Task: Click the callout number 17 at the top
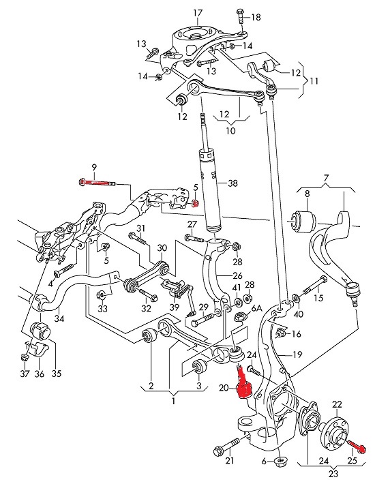[198, 13]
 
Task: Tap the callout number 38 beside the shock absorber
[233, 183]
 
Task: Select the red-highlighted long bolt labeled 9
[98, 182]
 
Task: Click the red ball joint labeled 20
[242, 383]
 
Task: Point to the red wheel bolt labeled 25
[357, 447]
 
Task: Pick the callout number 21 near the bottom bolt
[230, 462]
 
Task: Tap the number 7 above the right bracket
[327, 178]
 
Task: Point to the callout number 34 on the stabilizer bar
[59, 318]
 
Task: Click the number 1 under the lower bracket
[172, 402]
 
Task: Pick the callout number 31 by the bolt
[140, 228]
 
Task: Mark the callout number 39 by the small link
[175, 307]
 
